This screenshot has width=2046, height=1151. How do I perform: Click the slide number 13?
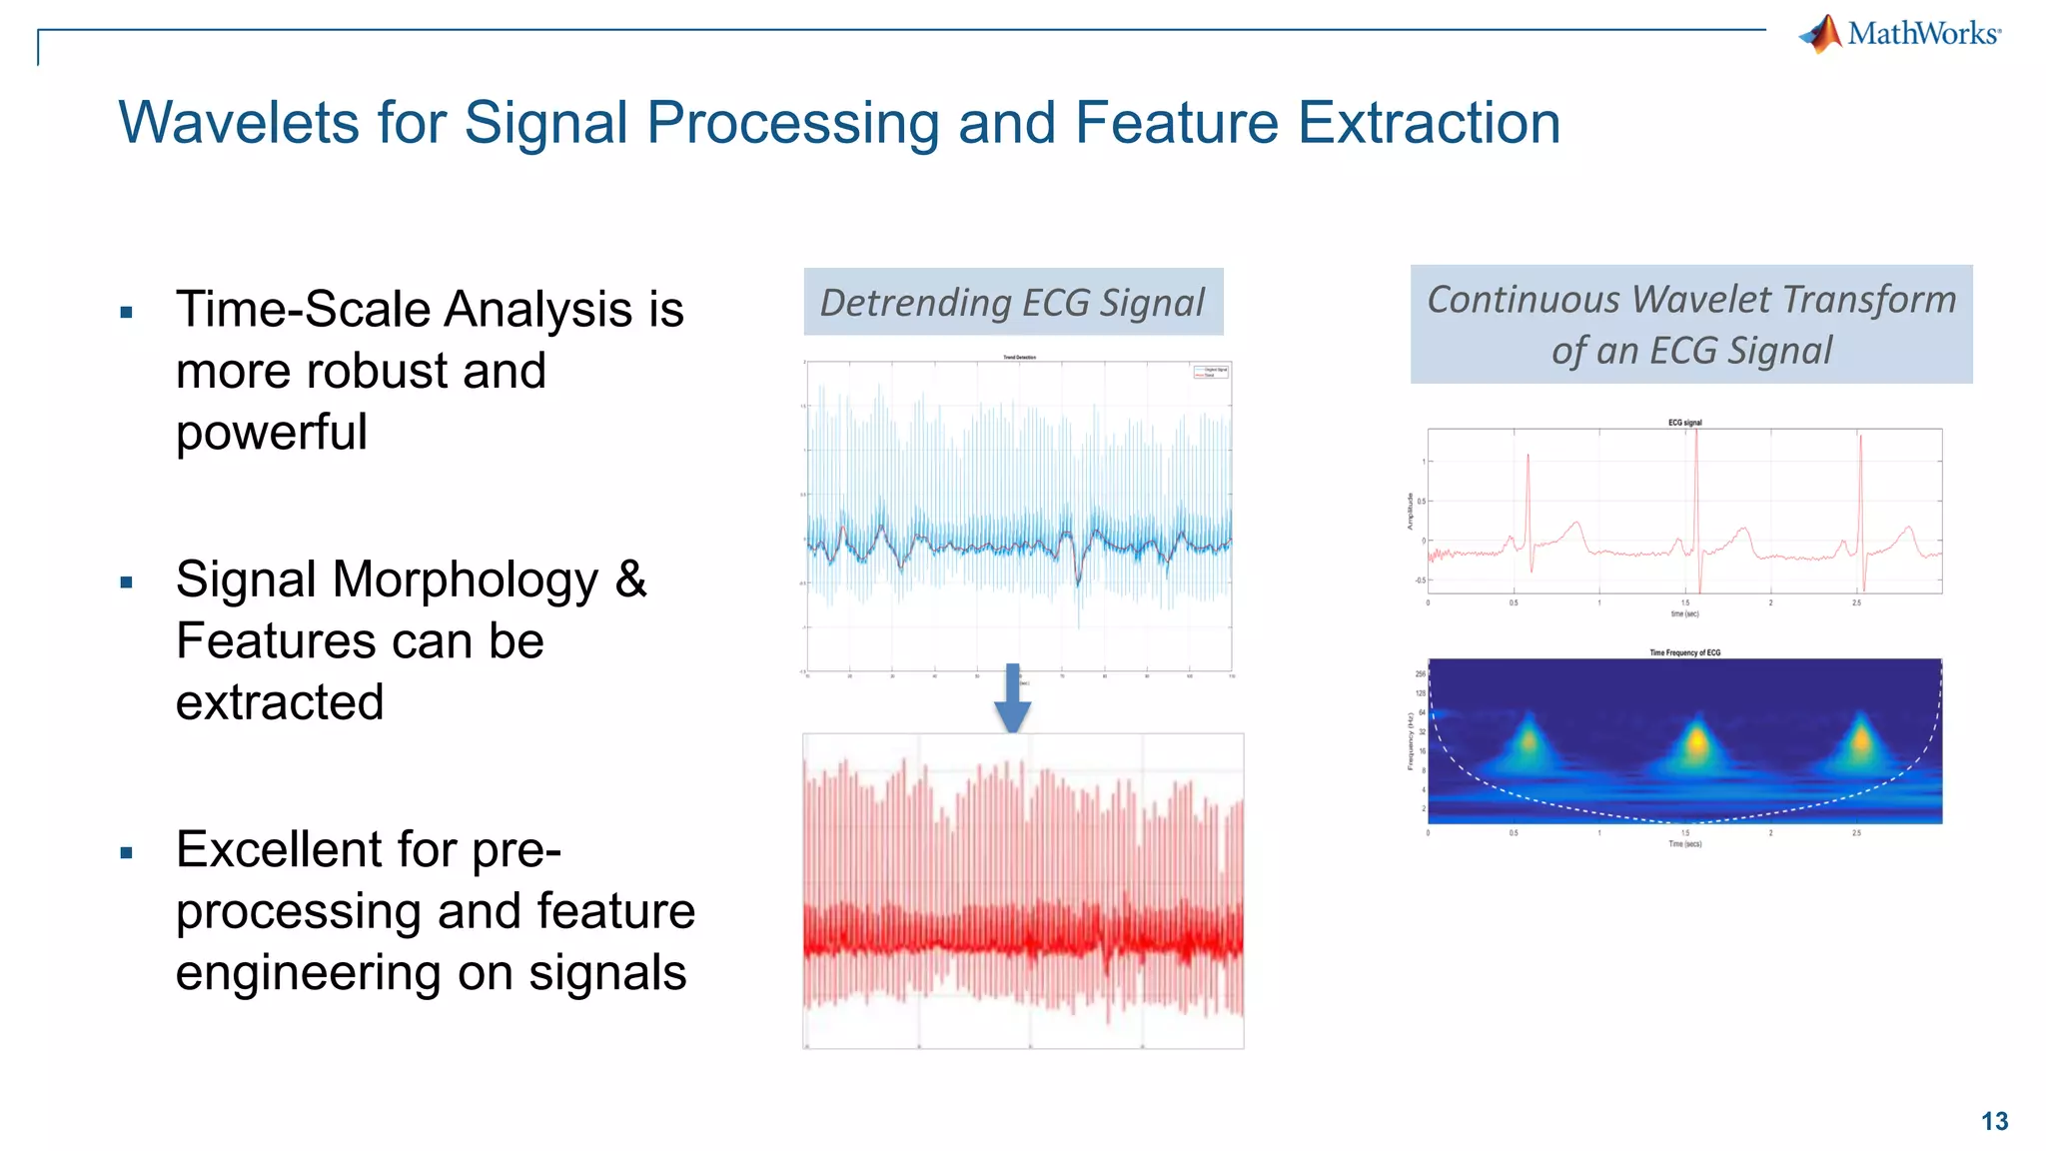[1994, 1121]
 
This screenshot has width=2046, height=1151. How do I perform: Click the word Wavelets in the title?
[238, 123]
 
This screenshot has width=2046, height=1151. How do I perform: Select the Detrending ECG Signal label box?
[1013, 302]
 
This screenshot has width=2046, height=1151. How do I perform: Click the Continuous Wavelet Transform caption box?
[1690, 324]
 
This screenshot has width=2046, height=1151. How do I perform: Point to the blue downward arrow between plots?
[1012, 698]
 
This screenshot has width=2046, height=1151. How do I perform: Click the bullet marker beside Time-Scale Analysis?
[126, 313]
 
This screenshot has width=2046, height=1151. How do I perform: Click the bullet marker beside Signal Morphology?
[126, 582]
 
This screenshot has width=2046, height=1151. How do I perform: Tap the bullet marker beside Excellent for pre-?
[126, 853]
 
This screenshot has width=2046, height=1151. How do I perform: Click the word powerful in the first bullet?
[272, 433]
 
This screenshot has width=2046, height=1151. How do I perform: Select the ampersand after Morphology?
[630, 579]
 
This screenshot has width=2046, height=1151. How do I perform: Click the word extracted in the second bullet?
[280, 702]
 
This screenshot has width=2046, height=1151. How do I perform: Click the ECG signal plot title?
[1684, 423]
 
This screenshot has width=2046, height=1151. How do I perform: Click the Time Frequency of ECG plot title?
[1684, 652]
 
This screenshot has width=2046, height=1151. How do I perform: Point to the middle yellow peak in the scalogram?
[1696, 740]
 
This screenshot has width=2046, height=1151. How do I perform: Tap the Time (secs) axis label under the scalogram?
[1684, 844]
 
